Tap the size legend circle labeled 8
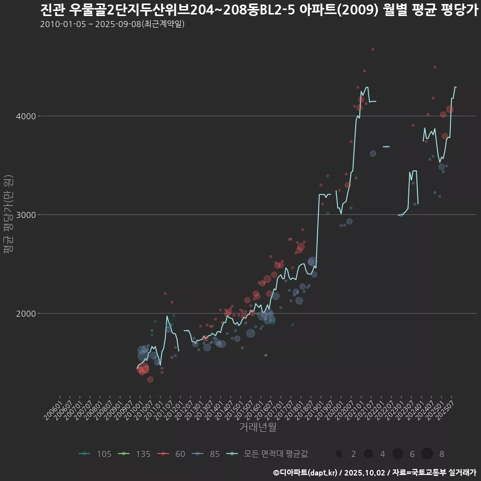[x=427, y=454]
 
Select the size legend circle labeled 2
[x=339, y=454]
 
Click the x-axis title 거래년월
[x=258, y=427]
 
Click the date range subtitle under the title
[x=112, y=24]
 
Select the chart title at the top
[x=259, y=10]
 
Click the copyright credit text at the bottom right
[x=374, y=472]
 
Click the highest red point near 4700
[x=373, y=50]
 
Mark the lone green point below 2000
[x=266, y=355]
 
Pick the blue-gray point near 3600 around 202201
[x=373, y=154]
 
